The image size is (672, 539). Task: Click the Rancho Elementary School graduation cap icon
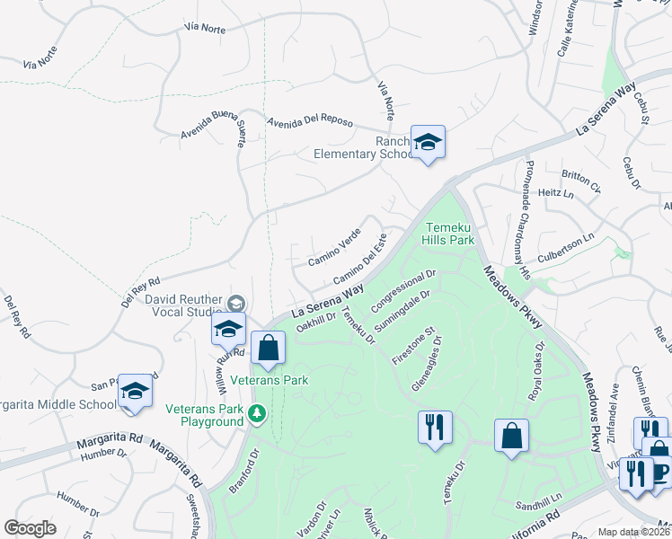tap(429, 142)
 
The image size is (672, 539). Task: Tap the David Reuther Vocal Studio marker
tap(236, 302)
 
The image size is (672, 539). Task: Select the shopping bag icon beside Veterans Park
tap(268, 348)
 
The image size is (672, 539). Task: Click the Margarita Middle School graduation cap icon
tap(135, 391)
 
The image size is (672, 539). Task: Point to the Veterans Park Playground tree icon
tap(258, 413)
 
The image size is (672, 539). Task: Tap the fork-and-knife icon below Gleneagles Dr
tap(435, 426)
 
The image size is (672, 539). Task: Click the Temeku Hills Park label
tap(449, 234)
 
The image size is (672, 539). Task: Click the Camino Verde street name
tap(334, 247)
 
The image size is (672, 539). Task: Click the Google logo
tap(31, 528)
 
